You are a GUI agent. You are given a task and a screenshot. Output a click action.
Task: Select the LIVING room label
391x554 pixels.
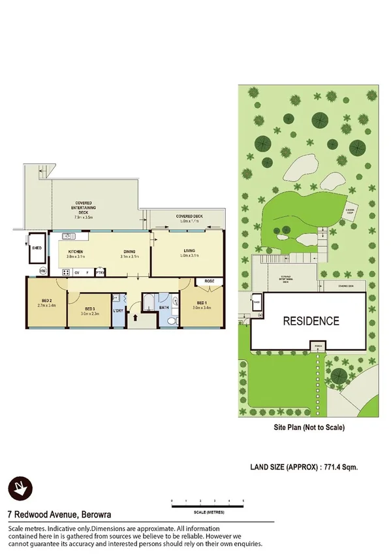click(x=189, y=251)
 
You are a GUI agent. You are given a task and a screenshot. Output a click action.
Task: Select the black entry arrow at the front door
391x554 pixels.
click(x=136, y=318)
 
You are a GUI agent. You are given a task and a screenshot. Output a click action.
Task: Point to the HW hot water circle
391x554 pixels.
click(x=44, y=270)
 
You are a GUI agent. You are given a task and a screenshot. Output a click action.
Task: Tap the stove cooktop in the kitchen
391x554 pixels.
click(x=66, y=272)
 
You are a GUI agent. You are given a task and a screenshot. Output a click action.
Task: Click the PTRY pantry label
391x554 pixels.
click(x=100, y=272)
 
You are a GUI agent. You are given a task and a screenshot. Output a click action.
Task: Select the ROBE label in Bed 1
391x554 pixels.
click(x=210, y=281)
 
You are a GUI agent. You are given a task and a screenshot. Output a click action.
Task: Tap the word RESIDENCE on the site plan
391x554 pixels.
click(x=310, y=321)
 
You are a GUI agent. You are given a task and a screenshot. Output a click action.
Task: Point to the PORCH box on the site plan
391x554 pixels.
click(x=319, y=345)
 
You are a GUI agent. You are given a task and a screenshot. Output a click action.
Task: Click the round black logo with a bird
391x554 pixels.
click(x=20, y=487)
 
